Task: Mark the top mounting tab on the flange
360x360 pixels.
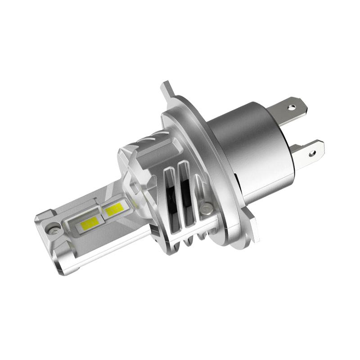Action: coord(167,90)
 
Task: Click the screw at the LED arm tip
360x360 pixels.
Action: coord(54,229)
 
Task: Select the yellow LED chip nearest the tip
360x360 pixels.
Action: coord(90,222)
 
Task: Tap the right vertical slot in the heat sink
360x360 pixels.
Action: coord(184,191)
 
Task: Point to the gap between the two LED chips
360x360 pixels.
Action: coord(102,215)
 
